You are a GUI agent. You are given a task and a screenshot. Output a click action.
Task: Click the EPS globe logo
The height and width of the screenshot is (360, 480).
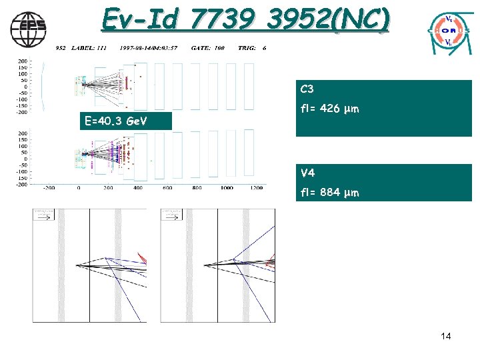click(x=29, y=27)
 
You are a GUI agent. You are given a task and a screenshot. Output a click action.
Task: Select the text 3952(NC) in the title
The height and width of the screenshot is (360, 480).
click(x=327, y=20)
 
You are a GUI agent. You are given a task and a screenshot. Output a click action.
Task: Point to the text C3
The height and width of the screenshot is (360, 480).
click(x=307, y=89)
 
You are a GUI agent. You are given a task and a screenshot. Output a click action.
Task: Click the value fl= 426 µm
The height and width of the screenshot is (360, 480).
click(x=329, y=109)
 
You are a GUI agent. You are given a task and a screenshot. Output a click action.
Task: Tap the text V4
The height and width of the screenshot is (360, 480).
click(x=307, y=173)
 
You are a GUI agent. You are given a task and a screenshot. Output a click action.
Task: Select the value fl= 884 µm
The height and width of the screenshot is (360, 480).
click(x=329, y=193)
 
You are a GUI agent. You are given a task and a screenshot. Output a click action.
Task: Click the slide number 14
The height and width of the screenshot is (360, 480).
click(x=446, y=336)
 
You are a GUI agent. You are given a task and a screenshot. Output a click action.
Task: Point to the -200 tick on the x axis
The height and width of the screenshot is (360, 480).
click(x=49, y=188)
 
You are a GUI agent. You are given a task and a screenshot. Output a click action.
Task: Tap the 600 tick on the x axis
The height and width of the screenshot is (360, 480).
click(x=167, y=188)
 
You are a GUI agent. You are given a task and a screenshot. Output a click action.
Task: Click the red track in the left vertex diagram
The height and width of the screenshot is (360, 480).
click(x=141, y=257)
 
